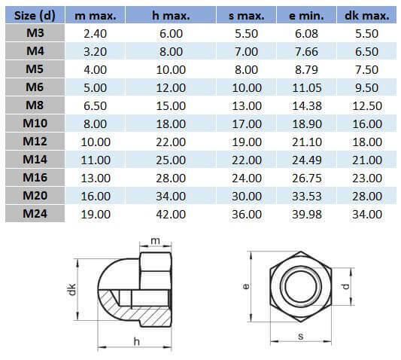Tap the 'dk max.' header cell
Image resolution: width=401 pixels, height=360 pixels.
366,15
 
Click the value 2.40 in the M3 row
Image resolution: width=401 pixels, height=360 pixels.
95,34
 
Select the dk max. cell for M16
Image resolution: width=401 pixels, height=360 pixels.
366,178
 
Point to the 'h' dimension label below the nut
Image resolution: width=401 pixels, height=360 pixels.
136,341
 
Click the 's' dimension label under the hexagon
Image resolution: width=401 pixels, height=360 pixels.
301,337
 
